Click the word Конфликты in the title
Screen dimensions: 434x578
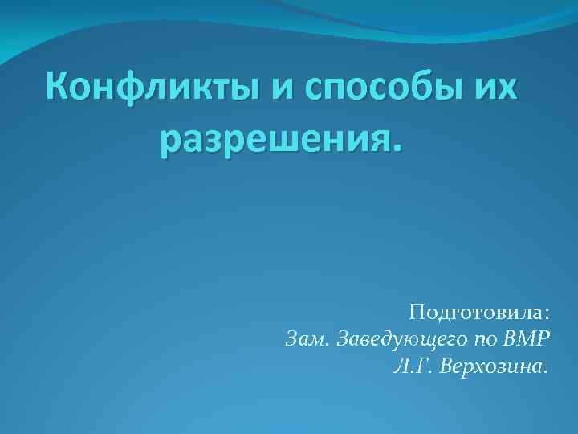152,86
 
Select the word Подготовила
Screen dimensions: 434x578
474,311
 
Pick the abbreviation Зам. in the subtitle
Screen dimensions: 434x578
307,338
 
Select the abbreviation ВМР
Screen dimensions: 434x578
529,338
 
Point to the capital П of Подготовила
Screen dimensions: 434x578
416,310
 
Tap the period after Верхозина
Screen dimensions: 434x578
547,372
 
